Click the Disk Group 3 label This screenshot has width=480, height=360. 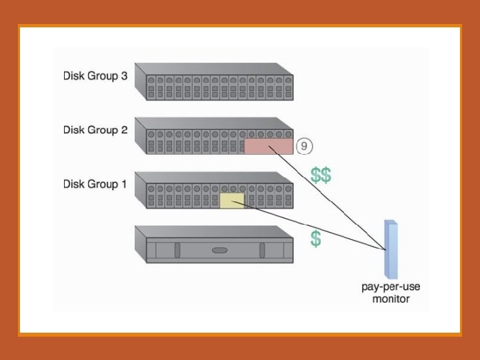pyautogui.click(x=95, y=76)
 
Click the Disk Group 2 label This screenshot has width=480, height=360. pyautogui.click(x=95, y=130)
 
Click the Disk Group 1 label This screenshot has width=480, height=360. pyautogui.click(x=95, y=184)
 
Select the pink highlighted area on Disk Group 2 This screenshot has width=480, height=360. pyautogui.click(x=268, y=147)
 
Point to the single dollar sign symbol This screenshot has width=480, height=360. pyautogui.click(x=315, y=239)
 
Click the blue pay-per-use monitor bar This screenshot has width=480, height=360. pyautogui.click(x=391, y=249)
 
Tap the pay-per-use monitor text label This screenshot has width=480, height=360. pyautogui.click(x=391, y=293)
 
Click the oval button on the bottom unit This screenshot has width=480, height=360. pyautogui.click(x=219, y=251)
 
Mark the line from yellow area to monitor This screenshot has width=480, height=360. pyautogui.click(x=313, y=225)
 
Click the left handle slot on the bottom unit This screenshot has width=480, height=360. pyautogui.click(x=177, y=251)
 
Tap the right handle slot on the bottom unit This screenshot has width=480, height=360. pyautogui.click(x=262, y=251)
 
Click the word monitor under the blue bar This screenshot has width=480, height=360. pyautogui.click(x=391, y=299)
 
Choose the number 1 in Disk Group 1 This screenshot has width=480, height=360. pyautogui.click(x=123, y=184)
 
